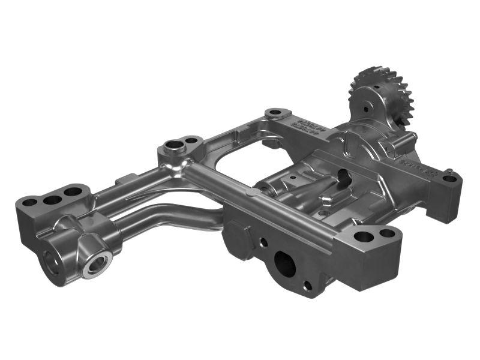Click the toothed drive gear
pyautogui.click(x=384, y=90)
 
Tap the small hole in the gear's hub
pyautogui.click(x=365, y=110)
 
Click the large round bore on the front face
pyautogui.click(x=283, y=262)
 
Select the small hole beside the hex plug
pyautogui.click(x=262, y=242)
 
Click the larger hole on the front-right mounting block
pyautogui.click(x=362, y=236)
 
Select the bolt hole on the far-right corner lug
pyautogui.click(x=451, y=178)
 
